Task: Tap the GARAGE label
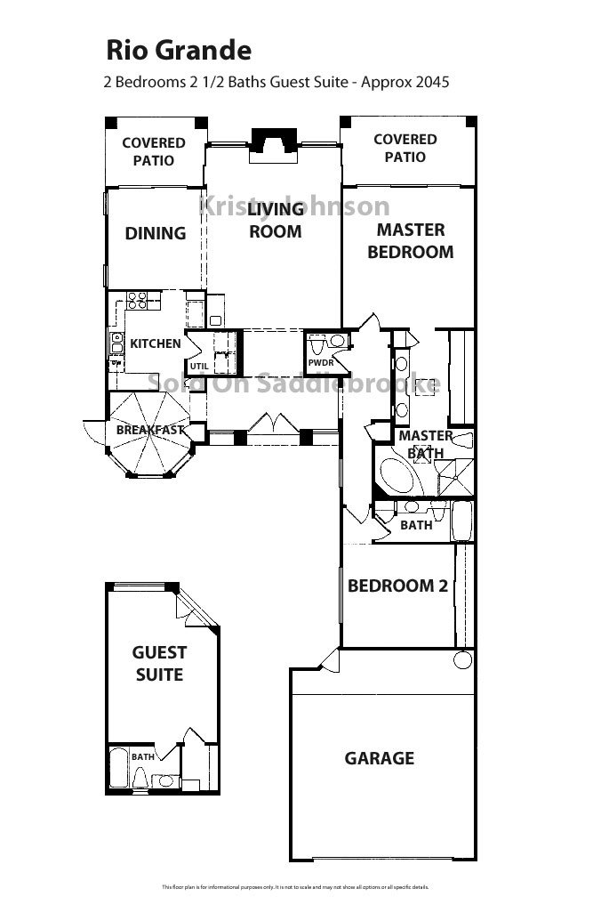tap(380, 758)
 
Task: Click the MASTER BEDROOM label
tap(410, 241)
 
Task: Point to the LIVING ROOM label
tap(275, 221)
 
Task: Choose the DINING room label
tap(156, 233)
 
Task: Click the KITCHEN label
tap(156, 343)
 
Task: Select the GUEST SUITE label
tap(159, 664)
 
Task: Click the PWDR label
tap(319, 364)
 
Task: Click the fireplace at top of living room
tap(274, 142)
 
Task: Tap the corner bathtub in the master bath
tap(399, 477)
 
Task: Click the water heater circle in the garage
tap(461, 660)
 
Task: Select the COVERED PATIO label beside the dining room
tap(154, 151)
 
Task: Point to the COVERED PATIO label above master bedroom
tap(405, 148)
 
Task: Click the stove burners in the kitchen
tap(136, 300)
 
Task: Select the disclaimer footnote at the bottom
tap(295, 887)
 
